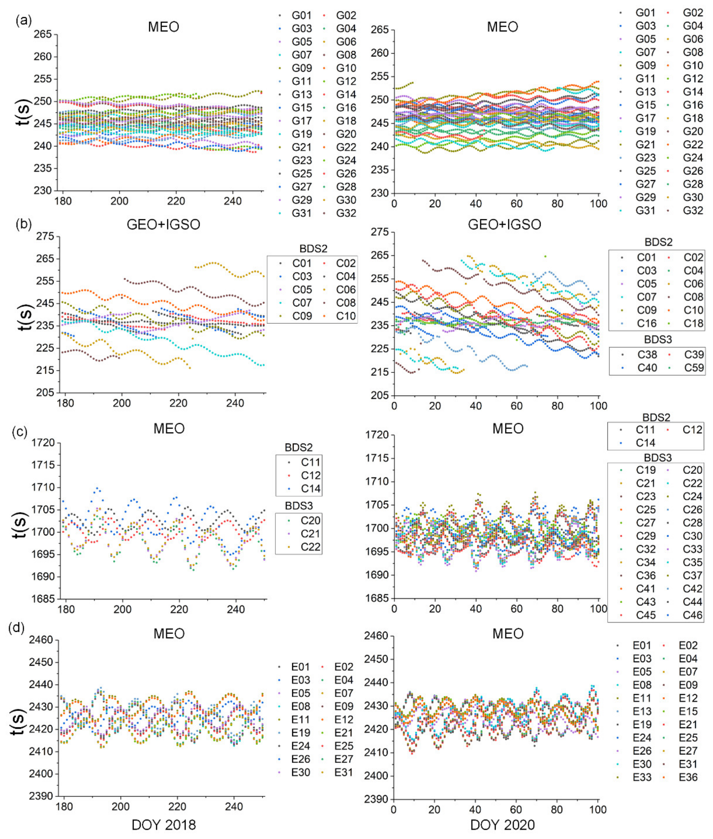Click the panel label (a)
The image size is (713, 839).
[x=23, y=21]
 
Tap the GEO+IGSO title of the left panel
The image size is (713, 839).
[x=163, y=224]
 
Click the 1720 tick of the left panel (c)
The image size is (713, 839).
[x=43, y=443]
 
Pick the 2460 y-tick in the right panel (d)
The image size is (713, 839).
[x=377, y=636]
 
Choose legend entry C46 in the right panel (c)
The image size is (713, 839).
[x=692, y=615]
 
